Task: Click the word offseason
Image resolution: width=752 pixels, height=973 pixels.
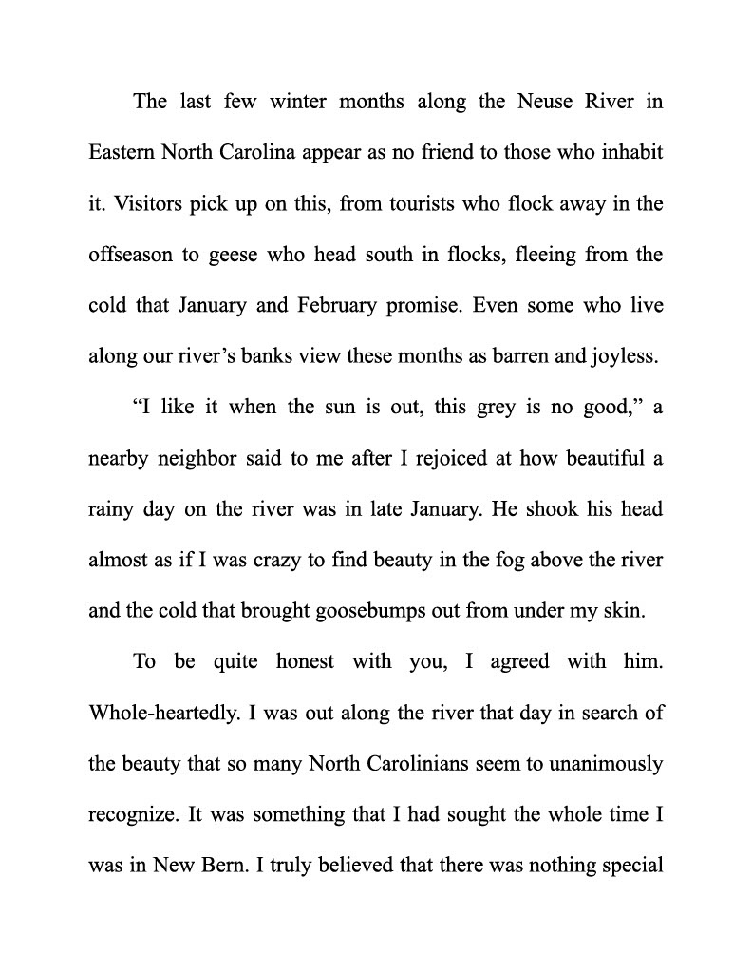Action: (x=132, y=256)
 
